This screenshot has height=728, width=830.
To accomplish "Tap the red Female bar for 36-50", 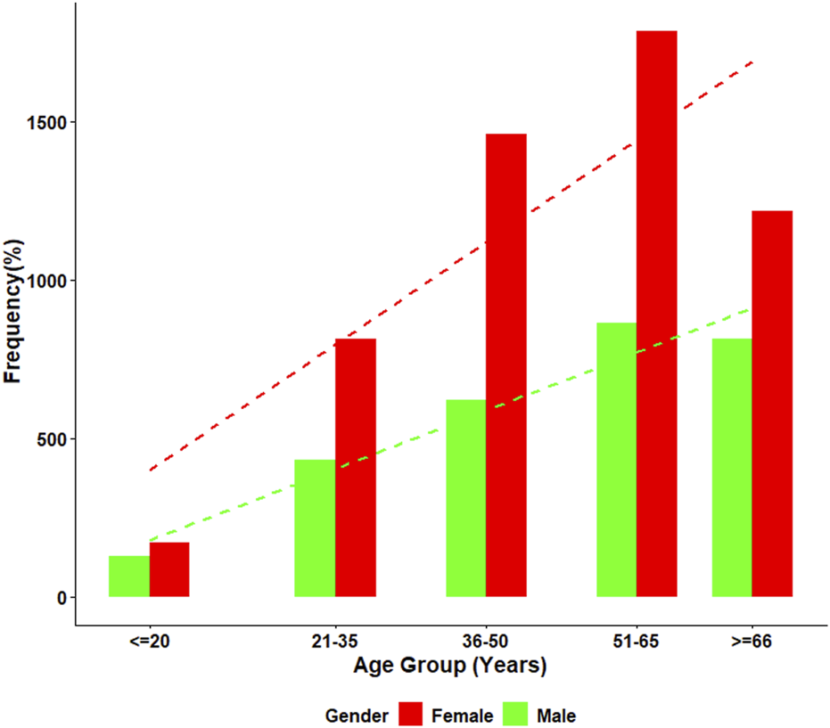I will point(506,365).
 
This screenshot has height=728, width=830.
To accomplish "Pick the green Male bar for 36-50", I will point(465,498).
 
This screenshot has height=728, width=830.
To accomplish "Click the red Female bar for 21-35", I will point(356,468).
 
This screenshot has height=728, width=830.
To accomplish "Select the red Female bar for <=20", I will point(169,569).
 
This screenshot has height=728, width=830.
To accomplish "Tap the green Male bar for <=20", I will point(129,577).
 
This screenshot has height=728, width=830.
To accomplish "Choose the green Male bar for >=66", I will point(732,468).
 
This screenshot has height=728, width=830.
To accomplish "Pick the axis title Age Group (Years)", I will point(449,666).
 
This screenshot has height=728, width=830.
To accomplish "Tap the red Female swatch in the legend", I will point(410,714).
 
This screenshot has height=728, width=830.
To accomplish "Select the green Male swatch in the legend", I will point(516,714).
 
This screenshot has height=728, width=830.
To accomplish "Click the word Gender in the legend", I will point(357,715).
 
